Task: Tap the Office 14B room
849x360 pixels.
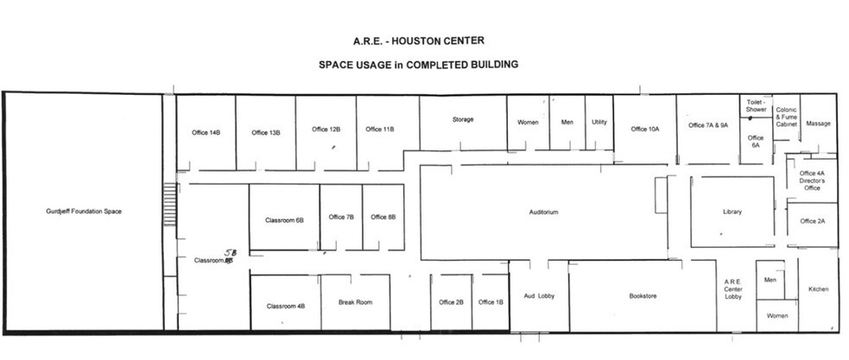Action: (x=206, y=132)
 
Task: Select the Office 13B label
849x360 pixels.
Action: (x=266, y=132)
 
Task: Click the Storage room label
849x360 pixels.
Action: (x=463, y=119)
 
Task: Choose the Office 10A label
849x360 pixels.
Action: (x=644, y=129)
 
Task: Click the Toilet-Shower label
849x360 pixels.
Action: (x=756, y=105)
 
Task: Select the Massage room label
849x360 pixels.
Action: (x=818, y=123)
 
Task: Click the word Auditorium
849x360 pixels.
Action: (x=544, y=212)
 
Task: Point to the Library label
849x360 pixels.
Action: (x=732, y=212)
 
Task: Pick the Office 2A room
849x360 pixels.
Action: (x=813, y=221)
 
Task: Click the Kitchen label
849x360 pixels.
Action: (x=818, y=289)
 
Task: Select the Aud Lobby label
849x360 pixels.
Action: (x=538, y=296)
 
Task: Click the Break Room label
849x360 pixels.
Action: (x=355, y=302)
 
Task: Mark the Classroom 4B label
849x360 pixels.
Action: (x=285, y=306)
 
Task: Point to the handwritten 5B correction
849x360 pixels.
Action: (x=231, y=252)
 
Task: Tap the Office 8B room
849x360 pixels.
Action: (x=383, y=217)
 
